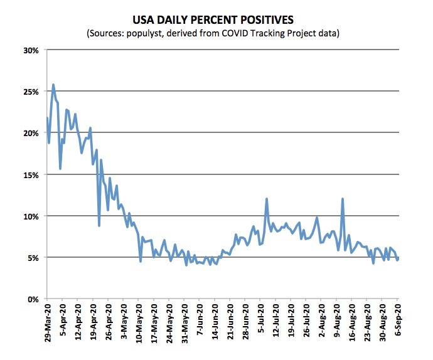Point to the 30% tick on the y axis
click(32, 50)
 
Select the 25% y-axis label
click(32, 92)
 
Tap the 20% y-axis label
click(32, 133)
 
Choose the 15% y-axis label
click(32, 174)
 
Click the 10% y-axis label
click(32, 216)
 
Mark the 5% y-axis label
click(34, 258)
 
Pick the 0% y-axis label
click(34, 299)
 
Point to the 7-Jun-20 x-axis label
click(200, 326)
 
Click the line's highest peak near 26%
click(53, 85)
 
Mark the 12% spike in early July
click(267, 199)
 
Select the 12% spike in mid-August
click(343, 199)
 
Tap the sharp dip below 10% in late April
click(99, 225)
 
